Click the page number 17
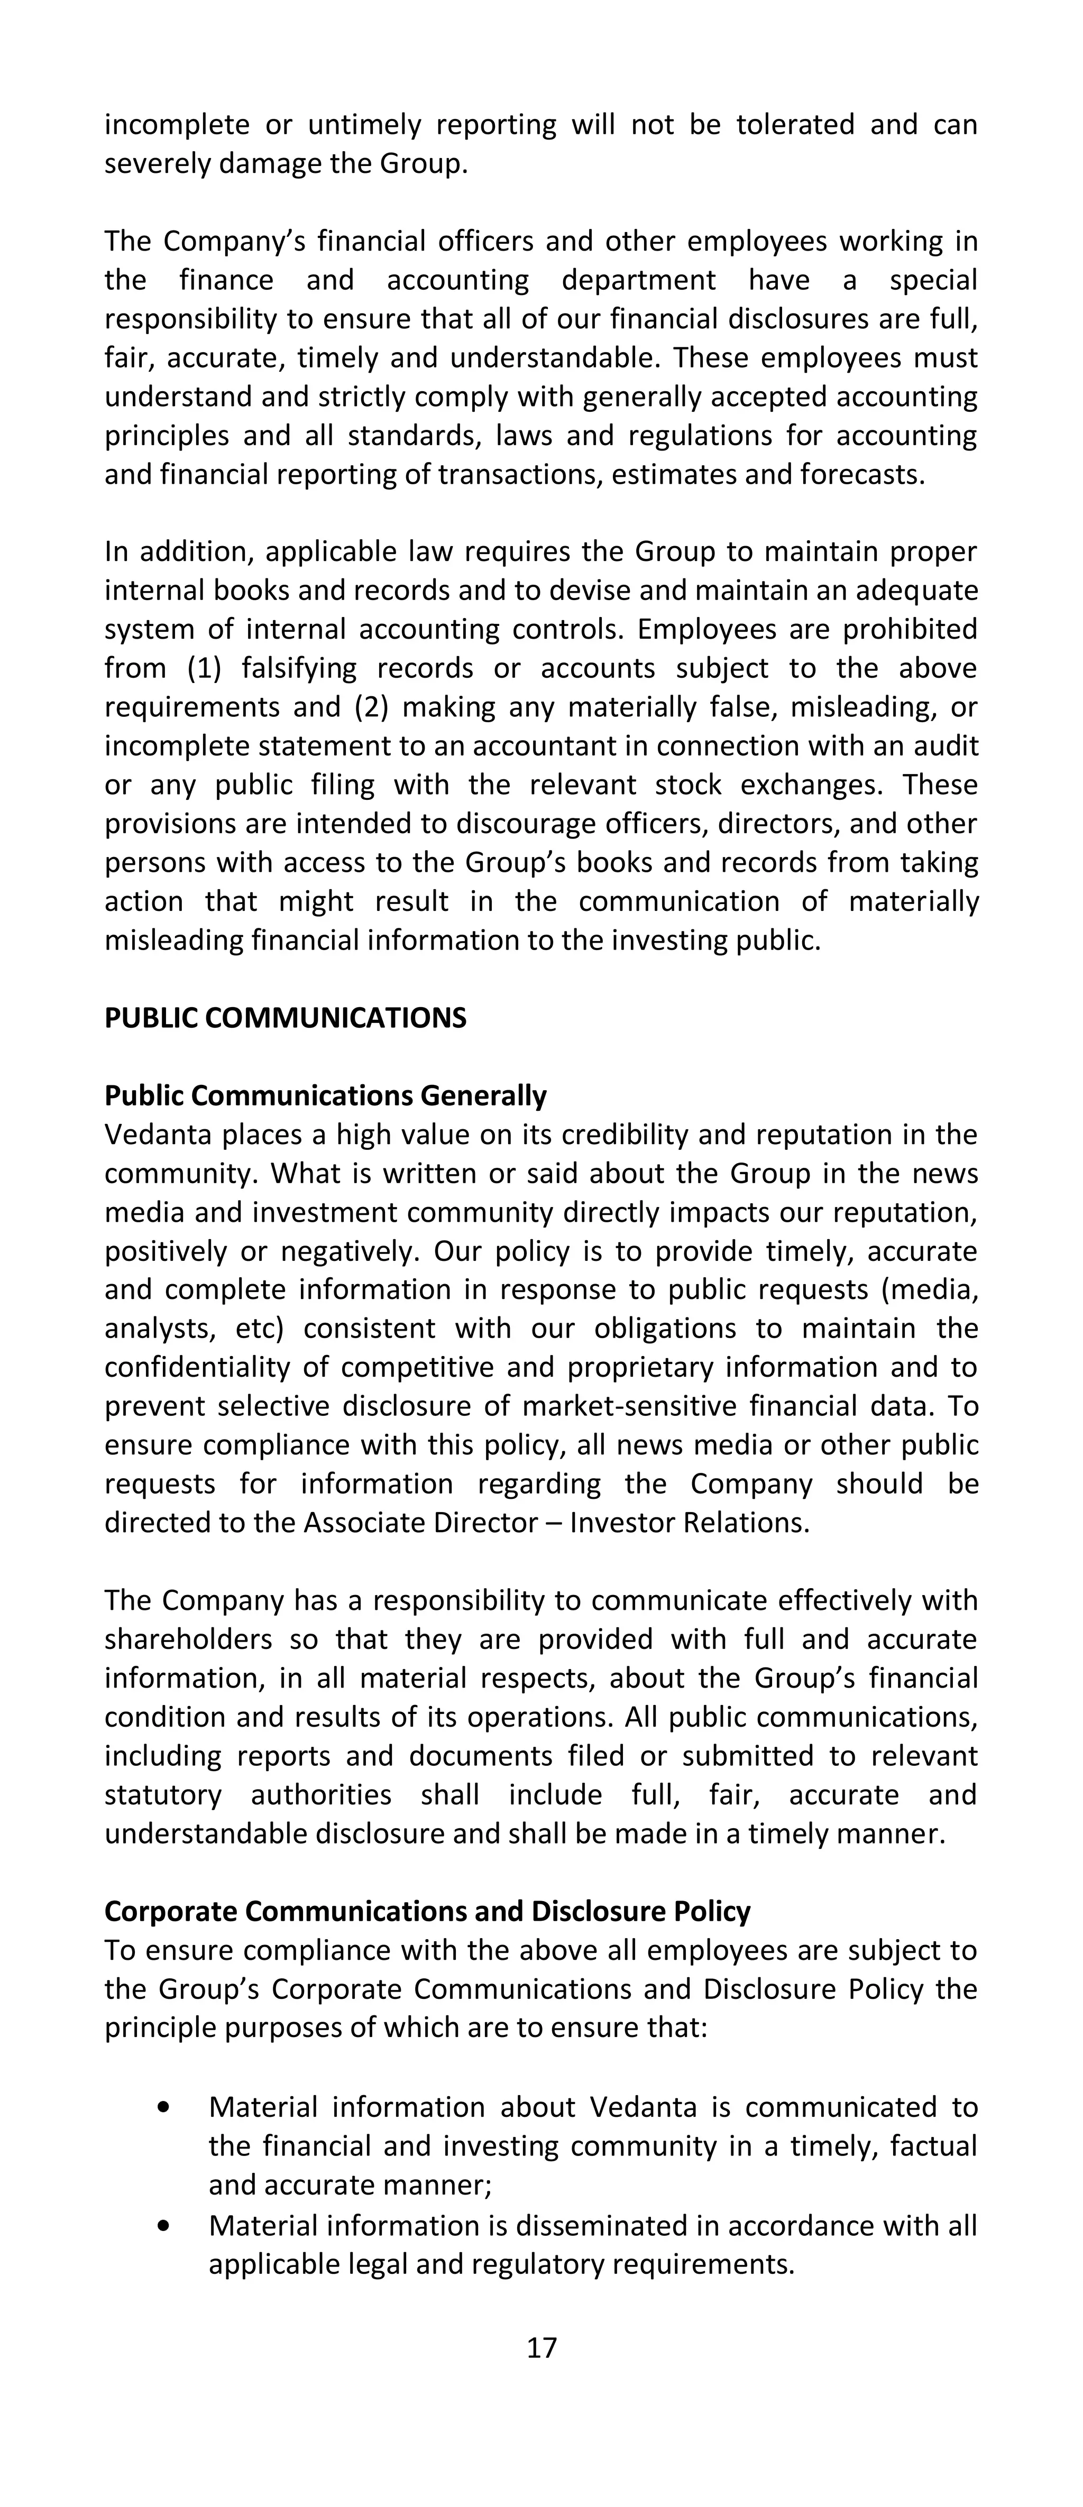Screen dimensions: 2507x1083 pos(541,2347)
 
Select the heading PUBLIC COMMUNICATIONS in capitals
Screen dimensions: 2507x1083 pos(285,1018)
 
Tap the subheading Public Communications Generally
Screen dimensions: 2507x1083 pos(325,1096)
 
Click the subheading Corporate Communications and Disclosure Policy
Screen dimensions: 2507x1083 pos(427,1911)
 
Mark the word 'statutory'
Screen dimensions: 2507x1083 pos(162,1795)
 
